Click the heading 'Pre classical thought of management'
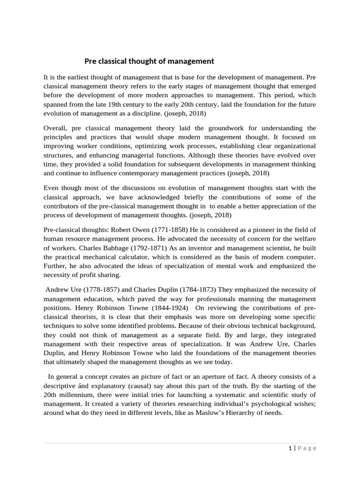pos(149,61)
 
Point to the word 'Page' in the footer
pos(307,448)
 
